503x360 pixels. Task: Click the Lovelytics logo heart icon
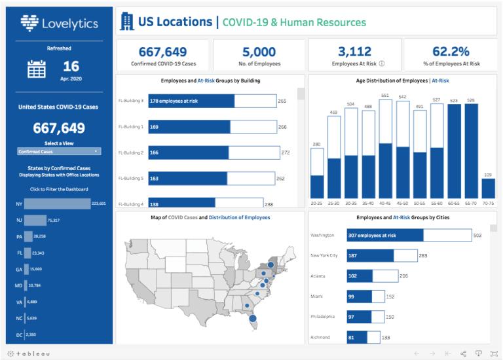click(x=29, y=24)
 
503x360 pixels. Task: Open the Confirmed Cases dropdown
click(x=59, y=151)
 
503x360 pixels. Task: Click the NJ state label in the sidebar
click(x=19, y=220)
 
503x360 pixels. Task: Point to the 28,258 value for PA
click(x=39, y=236)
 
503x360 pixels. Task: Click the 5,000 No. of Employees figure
click(x=260, y=52)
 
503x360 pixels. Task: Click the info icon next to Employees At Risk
click(x=381, y=64)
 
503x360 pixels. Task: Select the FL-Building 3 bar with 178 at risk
click(x=191, y=101)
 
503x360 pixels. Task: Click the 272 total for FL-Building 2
click(x=285, y=153)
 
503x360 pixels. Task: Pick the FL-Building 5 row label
click(x=130, y=178)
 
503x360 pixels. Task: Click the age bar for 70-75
click(x=488, y=189)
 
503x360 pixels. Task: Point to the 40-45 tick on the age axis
click(x=386, y=203)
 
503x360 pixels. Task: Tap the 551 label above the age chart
click(x=386, y=96)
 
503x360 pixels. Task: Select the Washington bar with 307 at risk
click(x=377, y=235)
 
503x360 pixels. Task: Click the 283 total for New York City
click(x=423, y=256)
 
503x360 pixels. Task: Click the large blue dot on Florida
click(x=253, y=319)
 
